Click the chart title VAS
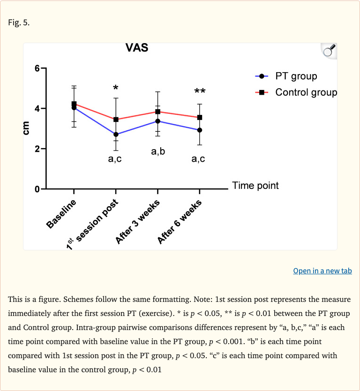137,48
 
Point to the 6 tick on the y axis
37,68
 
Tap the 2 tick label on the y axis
37,149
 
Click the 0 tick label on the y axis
37,189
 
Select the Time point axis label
255,186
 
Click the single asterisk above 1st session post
116,88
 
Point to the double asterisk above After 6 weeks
200,91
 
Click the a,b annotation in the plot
158,152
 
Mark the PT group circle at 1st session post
116,135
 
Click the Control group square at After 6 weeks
200,117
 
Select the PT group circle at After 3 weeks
158,121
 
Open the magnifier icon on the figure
329,51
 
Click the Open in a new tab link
322,271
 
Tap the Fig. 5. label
19,22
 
